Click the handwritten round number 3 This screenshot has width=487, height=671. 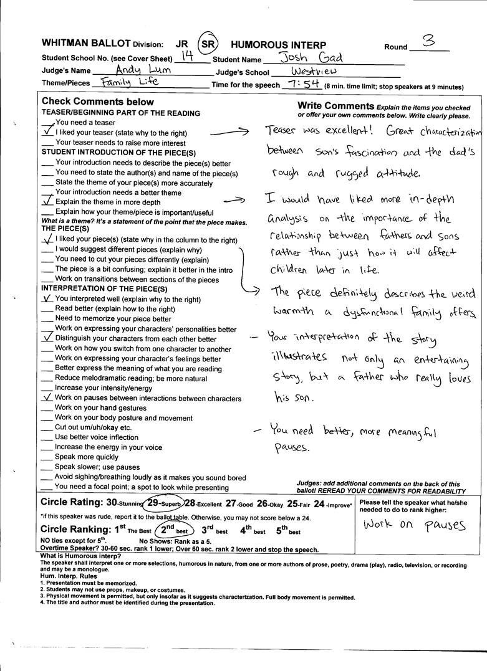[x=428, y=41]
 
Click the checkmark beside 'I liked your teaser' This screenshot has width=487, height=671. [x=47, y=132]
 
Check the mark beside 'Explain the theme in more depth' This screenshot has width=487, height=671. [x=47, y=201]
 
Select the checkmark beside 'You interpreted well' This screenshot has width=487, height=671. [x=47, y=298]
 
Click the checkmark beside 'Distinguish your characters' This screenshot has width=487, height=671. [x=47, y=338]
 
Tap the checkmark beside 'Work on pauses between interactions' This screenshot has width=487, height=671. [x=47, y=397]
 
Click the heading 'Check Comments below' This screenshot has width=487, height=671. [x=97, y=102]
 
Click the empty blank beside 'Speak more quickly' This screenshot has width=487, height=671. [x=47, y=457]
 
